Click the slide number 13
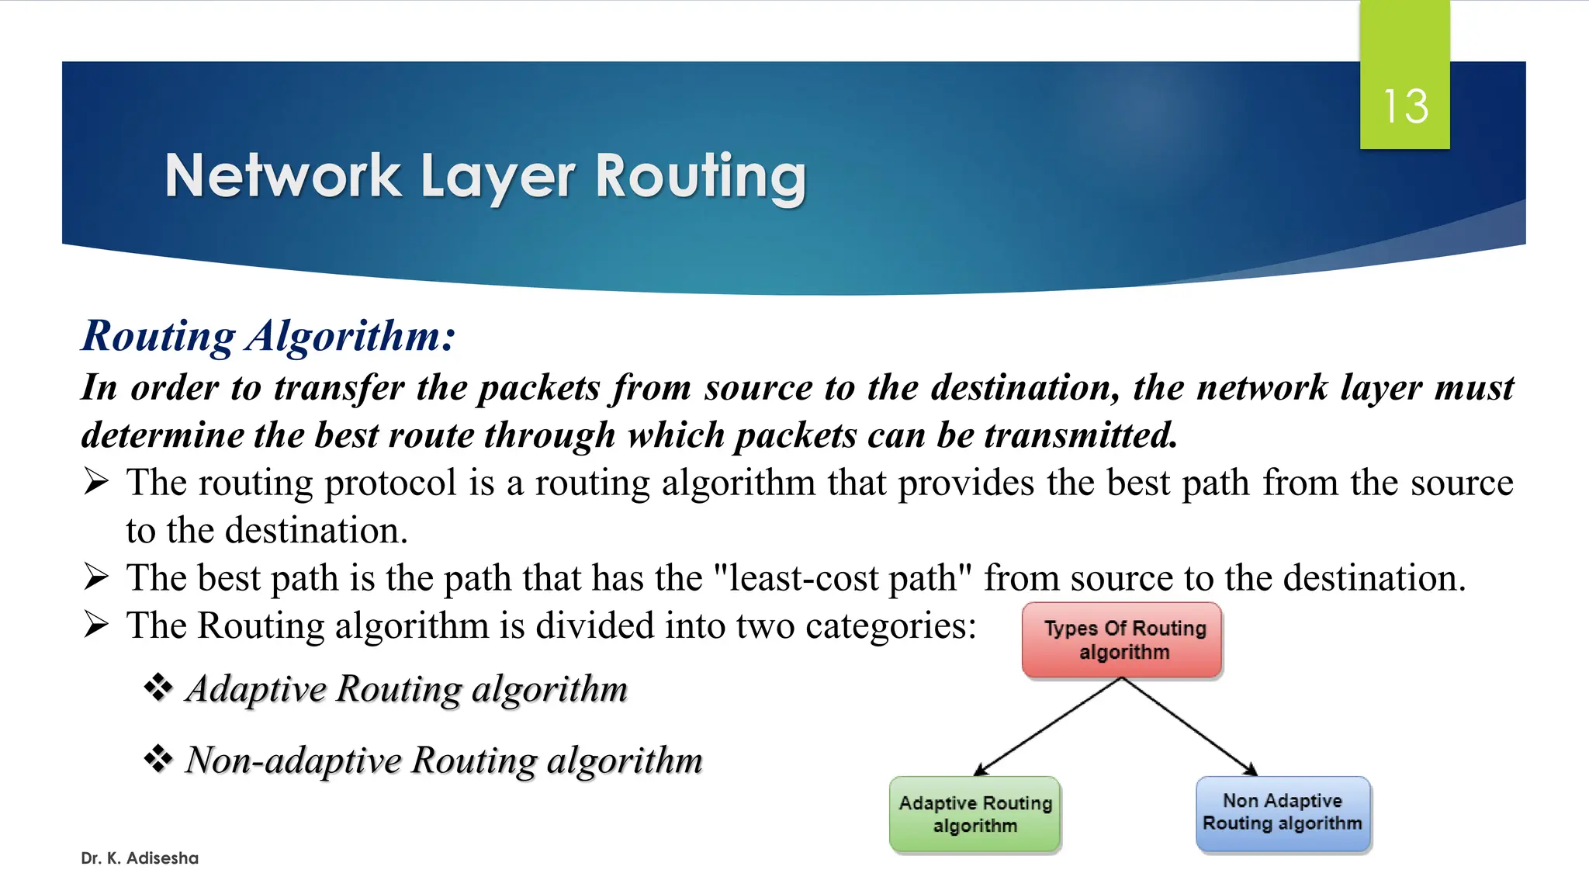click(x=1405, y=106)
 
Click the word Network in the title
click(x=283, y=176)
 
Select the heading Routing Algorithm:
click(x=268, y=336)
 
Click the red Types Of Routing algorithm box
click(x=1123, y=640)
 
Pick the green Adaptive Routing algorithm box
click(x=975, y=814)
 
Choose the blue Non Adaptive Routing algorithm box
click(x=1283, y=813)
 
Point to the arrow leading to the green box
click(x=1047, y=726)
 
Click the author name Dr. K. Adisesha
click(x=140, y=858)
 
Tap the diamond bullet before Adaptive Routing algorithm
click(x=158, y=688)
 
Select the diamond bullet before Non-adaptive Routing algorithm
click(x=158, y=759)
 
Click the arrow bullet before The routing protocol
click(x=96, y=483)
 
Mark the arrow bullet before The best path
click(x=96, y=577)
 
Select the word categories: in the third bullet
click(x=891, y=625)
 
